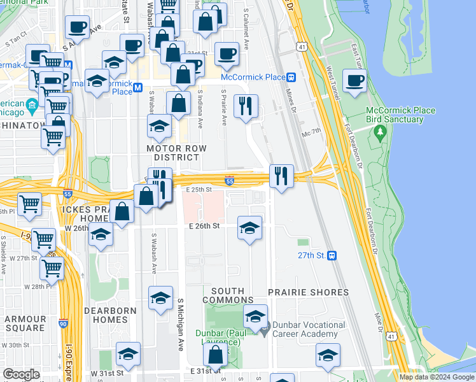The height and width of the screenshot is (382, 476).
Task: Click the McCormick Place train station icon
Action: point(291,77)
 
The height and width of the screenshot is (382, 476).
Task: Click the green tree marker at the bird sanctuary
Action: point(381,133)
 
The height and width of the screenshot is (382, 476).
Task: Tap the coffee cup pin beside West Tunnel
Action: point(355,81)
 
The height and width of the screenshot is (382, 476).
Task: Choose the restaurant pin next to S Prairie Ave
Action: point(245,105)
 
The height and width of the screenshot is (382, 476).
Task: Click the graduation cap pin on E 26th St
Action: point(250,228)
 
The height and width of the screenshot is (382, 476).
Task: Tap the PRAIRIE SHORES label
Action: point(308,292)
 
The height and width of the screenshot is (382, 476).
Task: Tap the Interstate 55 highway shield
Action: point(230,181)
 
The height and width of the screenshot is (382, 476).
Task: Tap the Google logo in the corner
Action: point(21,374)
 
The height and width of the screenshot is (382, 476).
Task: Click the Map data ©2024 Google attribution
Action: point(437,377)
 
